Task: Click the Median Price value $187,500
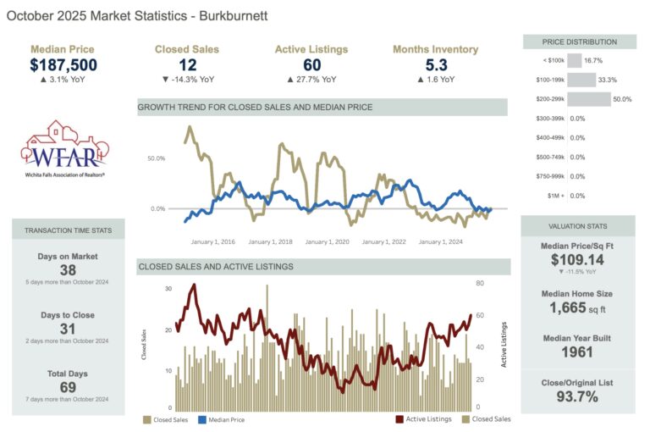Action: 63,65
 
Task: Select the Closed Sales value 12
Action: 187,65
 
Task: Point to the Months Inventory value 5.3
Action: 435,65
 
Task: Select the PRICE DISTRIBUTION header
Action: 579,42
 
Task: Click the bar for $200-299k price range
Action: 588,99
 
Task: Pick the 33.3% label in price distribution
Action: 607,80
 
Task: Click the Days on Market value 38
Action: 68,269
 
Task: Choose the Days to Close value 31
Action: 68,329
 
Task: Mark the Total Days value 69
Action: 68,387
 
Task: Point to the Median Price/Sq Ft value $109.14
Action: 578,260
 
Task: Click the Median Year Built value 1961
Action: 578,352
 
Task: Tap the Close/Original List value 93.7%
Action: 578,396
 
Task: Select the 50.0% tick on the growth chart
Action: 156,158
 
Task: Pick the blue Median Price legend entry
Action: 224,418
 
